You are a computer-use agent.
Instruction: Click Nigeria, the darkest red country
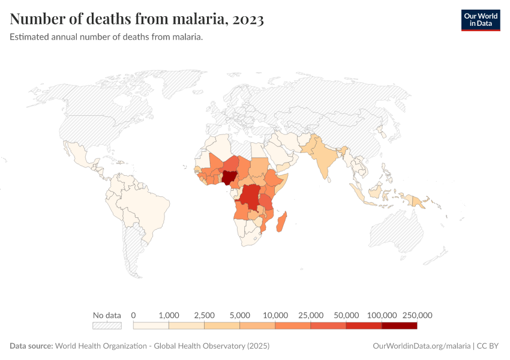229,178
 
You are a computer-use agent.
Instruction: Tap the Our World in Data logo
480,20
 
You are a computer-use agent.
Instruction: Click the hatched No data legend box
107,326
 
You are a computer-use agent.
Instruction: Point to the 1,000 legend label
169,315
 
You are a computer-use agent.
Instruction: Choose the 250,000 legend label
416,315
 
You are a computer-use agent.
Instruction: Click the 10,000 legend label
275,315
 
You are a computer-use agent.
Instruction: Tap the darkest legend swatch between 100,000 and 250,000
399,326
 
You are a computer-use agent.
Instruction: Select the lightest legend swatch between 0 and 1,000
151,326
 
